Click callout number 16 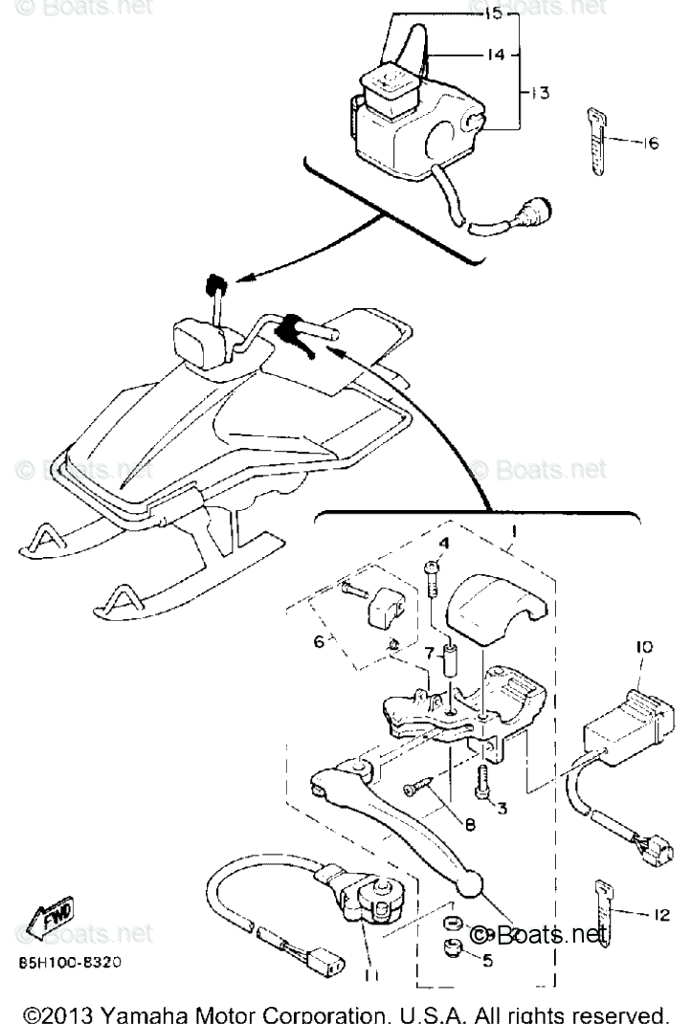click(x=650, y=144)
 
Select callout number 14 click(x=494, y=56)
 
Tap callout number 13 click(x=540, y=92)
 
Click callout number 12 click(x=660, y=915)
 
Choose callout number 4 click(x=444, y=544)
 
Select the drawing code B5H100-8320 click(x=67, y=962)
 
